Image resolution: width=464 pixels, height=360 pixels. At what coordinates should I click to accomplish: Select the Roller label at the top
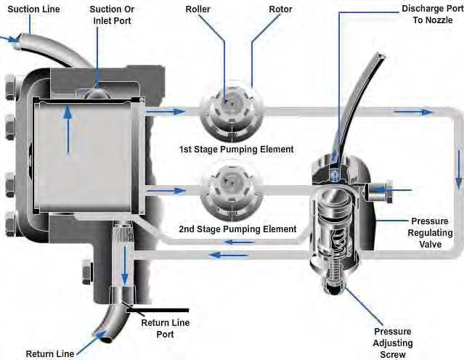[x=198, y=10]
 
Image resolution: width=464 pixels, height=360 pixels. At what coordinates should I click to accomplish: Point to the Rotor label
[x=259, y=10]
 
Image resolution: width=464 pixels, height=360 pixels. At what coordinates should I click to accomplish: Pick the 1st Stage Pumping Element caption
[x=237, y=150]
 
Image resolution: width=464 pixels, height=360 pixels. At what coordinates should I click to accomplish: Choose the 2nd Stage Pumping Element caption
[x=237, y=229]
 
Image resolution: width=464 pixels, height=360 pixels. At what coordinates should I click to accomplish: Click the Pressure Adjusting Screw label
[x=393, y=343]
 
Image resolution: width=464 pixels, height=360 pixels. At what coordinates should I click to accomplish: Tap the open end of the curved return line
[x=103, y=337]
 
